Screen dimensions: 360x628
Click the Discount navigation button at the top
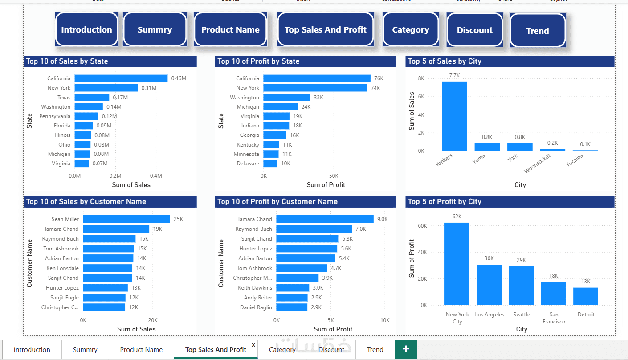pos(475,30)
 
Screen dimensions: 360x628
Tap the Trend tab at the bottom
pos(375,350)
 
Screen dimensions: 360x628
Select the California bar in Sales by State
pos(121,78)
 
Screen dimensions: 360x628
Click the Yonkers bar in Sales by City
pos(454,116)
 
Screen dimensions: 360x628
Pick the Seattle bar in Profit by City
pos(521,286)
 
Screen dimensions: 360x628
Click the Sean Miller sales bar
pos(126,219)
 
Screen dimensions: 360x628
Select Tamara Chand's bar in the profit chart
pos(325,219)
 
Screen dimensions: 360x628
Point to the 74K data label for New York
pos(375,88)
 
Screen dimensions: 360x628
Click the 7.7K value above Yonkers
pos(454,75)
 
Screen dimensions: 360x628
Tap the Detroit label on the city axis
pos(586,315)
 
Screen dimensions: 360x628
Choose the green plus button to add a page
pos(406,349)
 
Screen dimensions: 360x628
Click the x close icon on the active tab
pos(253,344)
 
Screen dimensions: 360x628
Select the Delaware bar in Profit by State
pos(270,164)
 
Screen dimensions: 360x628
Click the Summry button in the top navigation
pos(155,30)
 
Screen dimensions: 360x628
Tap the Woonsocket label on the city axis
pos(537,164)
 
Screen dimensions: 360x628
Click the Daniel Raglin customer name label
pos(256,307)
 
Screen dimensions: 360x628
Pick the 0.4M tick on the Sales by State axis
pos(156,176)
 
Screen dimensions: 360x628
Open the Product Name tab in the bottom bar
pos(141,350)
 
